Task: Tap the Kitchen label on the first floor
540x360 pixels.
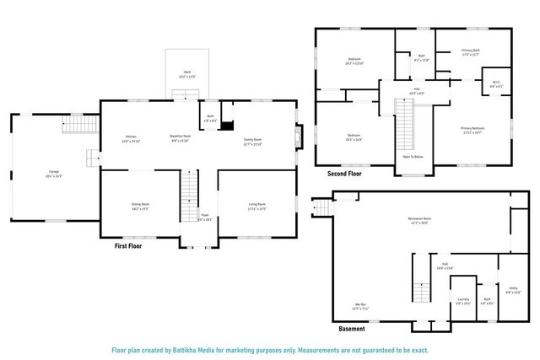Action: click(x=131, y=139)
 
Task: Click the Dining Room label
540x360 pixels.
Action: click(x=140, y=206)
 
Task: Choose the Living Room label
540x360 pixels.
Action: click(x=256, y=206)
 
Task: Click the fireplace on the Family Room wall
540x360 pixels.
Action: click(x=296, y=137)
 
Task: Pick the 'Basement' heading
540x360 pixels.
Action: click(x=353, y=329)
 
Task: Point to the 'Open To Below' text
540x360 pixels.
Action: click(x=413, y=157)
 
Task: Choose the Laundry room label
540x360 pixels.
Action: click(x=463, y=300)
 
